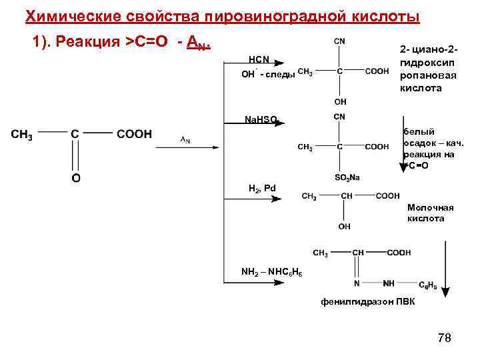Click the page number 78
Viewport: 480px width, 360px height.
tap(444, 338)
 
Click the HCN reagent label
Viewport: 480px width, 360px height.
tap(259, 60)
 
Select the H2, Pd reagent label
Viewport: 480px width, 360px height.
tap(261, 189)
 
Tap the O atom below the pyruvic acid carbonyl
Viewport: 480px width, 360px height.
tap(76, 178)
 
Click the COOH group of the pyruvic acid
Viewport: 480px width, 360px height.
tap(134, 134)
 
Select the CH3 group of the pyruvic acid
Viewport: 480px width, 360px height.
tap(22, 134)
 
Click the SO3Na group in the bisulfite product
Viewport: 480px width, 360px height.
tap(347, 177)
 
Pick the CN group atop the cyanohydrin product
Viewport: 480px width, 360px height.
tap(339, 41)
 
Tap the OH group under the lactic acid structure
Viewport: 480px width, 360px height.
tap(344, 227)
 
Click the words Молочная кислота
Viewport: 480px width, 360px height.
tap(425, 213)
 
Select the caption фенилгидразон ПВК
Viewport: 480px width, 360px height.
tap(367, 302)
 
